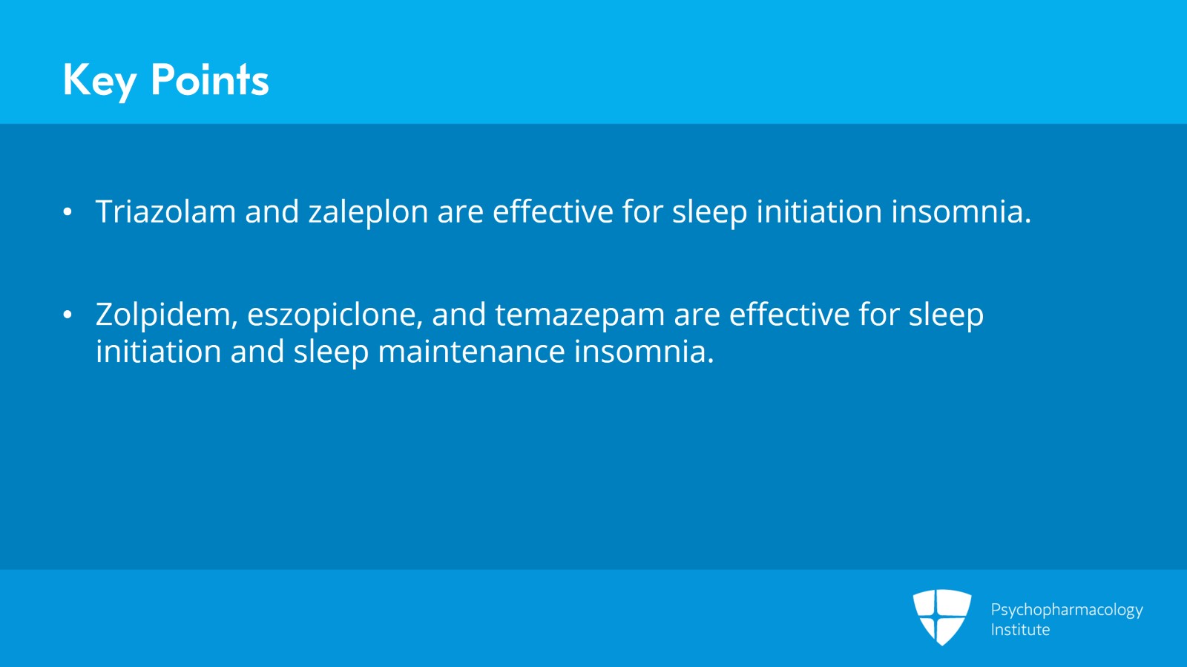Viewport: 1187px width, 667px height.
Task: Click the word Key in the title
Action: [x=99, y=80]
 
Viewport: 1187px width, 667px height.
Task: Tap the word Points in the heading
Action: [x=209, y=80]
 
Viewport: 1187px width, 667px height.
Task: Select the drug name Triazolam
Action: [x=165, y=211]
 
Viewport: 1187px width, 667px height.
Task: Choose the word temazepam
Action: [x=579, y=315]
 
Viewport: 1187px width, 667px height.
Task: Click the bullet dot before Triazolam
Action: [x=68, y=212]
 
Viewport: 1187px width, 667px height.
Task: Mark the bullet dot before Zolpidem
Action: [x=68, y=315]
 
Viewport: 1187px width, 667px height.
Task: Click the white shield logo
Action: [x=941, y=616]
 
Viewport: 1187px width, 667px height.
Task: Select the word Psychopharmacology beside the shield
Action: [x=1066, y=610]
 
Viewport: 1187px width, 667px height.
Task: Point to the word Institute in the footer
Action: [x=1020, y=630]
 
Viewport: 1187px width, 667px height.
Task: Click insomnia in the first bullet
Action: [x=961, y=211]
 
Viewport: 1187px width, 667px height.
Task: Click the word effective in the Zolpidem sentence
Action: [x=789, y=315]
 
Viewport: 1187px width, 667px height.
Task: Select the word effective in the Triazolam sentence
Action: [x=553, y=211]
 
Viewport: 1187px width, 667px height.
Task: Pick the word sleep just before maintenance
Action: [x=331, y=352]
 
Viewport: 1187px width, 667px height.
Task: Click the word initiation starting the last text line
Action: [x=158, y=351]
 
